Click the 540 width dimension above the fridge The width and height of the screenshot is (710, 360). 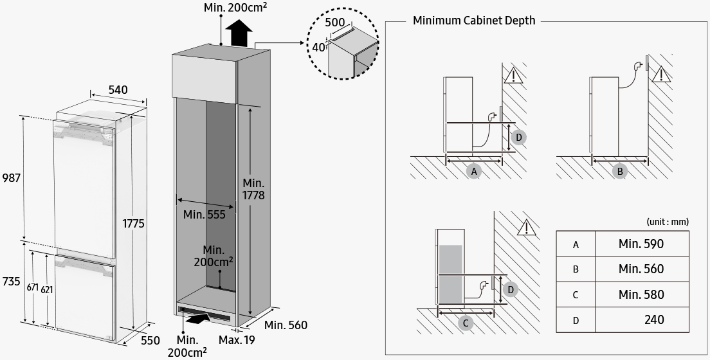[118, 90]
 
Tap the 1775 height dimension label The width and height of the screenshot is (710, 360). [134, 224]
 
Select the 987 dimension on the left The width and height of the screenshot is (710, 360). [11, 177]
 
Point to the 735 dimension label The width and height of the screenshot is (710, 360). [11, 282]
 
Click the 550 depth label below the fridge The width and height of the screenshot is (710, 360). [150, 341]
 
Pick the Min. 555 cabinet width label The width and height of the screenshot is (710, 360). [205, 214]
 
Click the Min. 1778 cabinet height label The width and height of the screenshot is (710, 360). [253, 189]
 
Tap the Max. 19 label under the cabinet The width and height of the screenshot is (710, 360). [236, 339]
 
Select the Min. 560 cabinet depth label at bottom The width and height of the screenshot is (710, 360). [286, 325]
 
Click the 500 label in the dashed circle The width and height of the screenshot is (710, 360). [334, 22]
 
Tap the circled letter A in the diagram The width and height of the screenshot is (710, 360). [474, 172]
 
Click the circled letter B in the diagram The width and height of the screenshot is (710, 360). [620, 172]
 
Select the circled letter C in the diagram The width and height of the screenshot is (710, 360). [466, 323]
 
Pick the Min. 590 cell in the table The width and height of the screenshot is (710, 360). [641, 244]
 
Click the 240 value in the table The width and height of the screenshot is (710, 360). [653, 319]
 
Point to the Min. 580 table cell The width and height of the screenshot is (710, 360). [641, 294]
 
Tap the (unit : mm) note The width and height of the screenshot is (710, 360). [667, 222]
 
